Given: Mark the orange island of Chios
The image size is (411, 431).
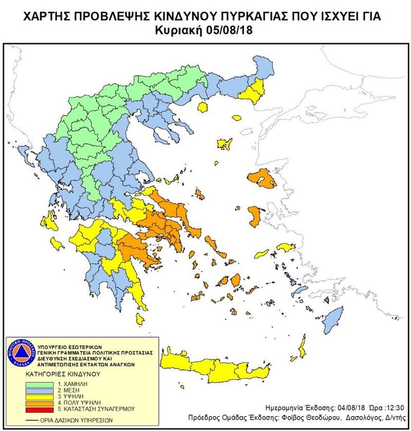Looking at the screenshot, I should pyautogui.click(x=254, y=215).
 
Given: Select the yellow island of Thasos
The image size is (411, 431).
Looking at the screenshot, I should pyautogui.click(x=202, y=107).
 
